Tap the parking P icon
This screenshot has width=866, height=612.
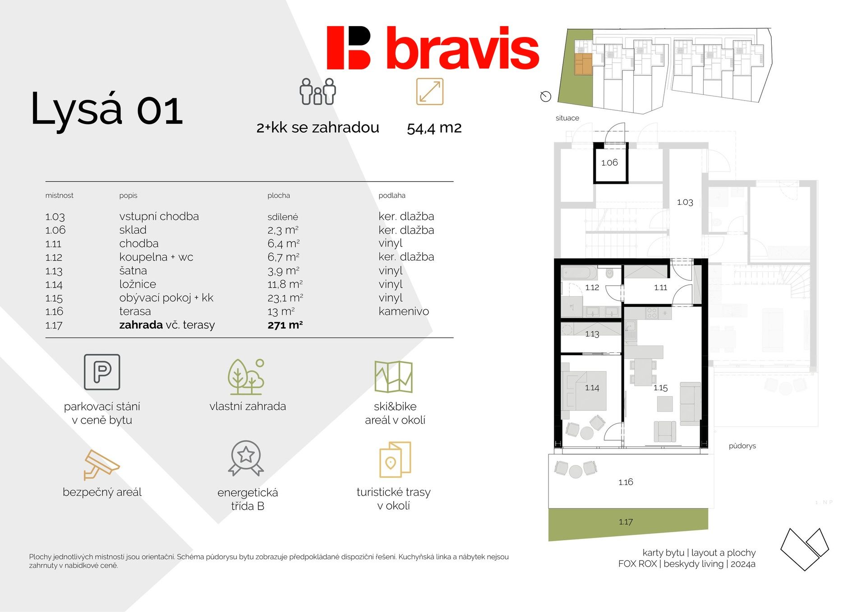coord(102,372)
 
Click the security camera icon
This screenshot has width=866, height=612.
coord(101,465)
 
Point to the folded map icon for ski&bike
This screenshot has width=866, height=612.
coord(393,376)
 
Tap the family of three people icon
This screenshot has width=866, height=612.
coord(318,91)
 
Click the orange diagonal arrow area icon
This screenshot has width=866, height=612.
coord(430,91)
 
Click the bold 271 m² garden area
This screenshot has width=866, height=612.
coord(285,325)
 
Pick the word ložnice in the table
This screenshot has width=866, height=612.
coord(138,284)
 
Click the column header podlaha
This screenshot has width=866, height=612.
coord(392,195)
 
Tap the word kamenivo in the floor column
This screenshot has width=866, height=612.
coord(404,311)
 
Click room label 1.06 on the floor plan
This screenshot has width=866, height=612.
coord(609,163)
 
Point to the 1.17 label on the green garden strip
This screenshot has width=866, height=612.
coord(626,522)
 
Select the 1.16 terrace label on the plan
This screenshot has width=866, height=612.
coord(626,482)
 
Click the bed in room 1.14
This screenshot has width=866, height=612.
coord(584,391)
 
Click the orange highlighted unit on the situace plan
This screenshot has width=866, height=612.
coord(583,64)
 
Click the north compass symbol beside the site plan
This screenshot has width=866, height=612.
coord(546,96)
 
